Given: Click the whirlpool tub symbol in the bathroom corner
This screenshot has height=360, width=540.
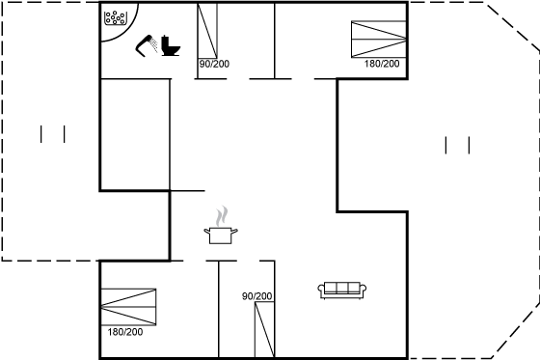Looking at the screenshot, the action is (116, 18).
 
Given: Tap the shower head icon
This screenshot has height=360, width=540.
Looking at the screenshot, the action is (146, 45).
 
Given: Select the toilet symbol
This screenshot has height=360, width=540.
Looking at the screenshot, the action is (171, 45).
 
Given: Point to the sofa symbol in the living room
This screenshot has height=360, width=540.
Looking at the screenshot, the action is (342, 291).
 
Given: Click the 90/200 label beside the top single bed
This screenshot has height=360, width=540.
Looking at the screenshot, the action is (214, 64).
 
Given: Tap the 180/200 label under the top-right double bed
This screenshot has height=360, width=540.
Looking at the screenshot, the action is (382, 64).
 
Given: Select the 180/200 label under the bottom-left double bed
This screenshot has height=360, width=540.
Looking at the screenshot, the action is (125, 332).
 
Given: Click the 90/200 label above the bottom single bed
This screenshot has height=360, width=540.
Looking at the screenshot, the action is (256, 296).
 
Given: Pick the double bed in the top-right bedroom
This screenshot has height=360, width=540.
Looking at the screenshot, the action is (379, 39).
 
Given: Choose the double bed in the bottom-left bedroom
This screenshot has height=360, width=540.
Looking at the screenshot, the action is (128, 307).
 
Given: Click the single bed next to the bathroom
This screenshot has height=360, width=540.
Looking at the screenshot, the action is (207, 31).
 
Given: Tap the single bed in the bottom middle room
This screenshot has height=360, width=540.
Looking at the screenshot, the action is (264, 330).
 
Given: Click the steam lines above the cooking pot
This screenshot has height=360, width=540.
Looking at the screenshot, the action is (222, 216).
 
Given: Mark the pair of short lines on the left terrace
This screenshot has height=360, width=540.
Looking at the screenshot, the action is (53, 134).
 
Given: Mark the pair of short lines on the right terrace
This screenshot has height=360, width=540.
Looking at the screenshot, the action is (457, 145).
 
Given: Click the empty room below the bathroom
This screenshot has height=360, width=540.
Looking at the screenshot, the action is (135, 134).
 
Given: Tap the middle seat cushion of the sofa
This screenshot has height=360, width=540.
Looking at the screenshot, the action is (342, 288).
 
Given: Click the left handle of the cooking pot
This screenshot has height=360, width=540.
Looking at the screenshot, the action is (206, 231).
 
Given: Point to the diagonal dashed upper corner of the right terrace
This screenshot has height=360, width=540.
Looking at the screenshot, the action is (512, 27).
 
